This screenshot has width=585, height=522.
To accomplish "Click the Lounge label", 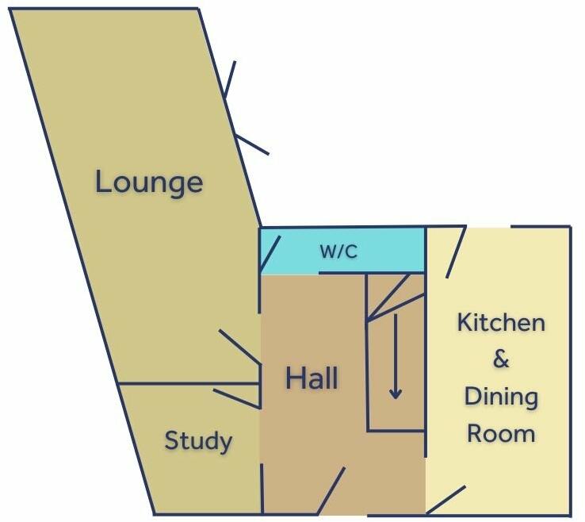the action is pyautogui.click(x=149, y=182).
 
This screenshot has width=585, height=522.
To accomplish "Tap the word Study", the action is pyautogui.click(x=198, y=440).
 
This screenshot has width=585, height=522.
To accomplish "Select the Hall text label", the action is pyautogui.click(x=312, y=378).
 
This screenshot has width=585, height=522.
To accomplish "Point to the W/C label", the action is pyautogui.click(x=338, y=252).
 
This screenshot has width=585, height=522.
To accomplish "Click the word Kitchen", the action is pyautogui.click(x=501, y=323).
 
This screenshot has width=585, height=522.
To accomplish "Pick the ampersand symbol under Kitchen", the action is pyautogui.click(x=501, y=360).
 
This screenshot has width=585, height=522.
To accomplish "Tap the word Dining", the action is pyautogui.click(x=501, y=397).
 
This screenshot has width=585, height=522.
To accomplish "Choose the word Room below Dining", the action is pyautogui.click(x=501, y=434).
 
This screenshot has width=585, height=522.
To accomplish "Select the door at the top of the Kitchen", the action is pyautogui.click(x=455, y=252).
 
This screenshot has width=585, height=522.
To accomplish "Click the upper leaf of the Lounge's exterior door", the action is pyautogui.click(x=230, y=79).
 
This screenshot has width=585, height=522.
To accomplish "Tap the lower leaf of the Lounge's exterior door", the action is pyautogui.click(x=253, y=144).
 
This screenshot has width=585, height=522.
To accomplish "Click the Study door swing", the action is pyautogui.click(x=236, y=397).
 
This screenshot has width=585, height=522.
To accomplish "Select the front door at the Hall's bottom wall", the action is pyautogui.click(x=331, y=490).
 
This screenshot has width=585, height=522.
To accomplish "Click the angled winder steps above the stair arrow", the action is pyautogui.click(x=388, y=297).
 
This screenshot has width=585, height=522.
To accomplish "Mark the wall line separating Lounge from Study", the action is pyautogui.click(x=189, y=384).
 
